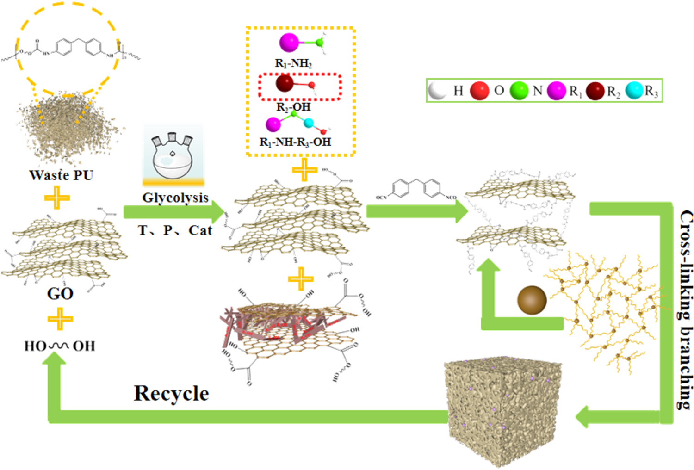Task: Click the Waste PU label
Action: coord(61,175)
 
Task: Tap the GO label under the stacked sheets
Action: coord(60,293)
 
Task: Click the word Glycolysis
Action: coord(175,198)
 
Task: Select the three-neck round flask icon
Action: coord(173,157)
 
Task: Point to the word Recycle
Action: coord(171,394)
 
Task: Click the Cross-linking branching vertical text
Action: coord(686,310)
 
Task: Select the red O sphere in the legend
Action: coord(479,91)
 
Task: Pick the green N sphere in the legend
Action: coord(519,91)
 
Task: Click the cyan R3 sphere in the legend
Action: coord(634,91)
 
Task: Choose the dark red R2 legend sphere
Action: coord(595,91)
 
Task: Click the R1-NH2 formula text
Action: coord(293,63)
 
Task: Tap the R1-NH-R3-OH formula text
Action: coord(295,142)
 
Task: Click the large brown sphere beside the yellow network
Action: coord(532,300)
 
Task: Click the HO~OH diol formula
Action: coord(60,346)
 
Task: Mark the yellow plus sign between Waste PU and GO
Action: coord(57,198)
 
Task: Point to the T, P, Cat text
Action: coord(175,230)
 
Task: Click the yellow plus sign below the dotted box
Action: coord(304,169)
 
